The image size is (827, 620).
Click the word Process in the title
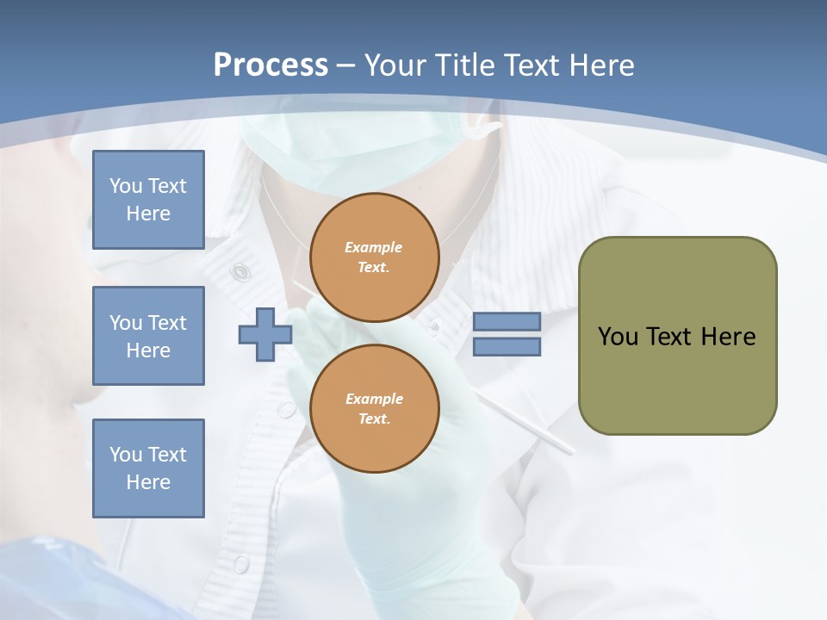270,65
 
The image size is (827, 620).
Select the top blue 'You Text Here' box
148,200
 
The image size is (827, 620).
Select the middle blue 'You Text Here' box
148,336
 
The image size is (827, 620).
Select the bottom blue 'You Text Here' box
148,468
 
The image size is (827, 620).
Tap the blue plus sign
264,335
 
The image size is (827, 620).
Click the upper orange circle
375,257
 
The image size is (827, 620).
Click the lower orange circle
375,408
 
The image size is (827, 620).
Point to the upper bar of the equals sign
507,321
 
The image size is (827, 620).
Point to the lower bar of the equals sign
507,347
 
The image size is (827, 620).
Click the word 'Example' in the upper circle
374,247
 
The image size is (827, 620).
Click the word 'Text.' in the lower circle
374,418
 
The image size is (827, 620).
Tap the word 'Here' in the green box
728,337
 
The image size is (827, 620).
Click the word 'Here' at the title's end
600,65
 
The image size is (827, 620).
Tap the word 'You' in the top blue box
125,186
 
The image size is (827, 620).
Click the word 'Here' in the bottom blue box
148,482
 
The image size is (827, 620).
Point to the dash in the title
346,65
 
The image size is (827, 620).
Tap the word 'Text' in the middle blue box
167,323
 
